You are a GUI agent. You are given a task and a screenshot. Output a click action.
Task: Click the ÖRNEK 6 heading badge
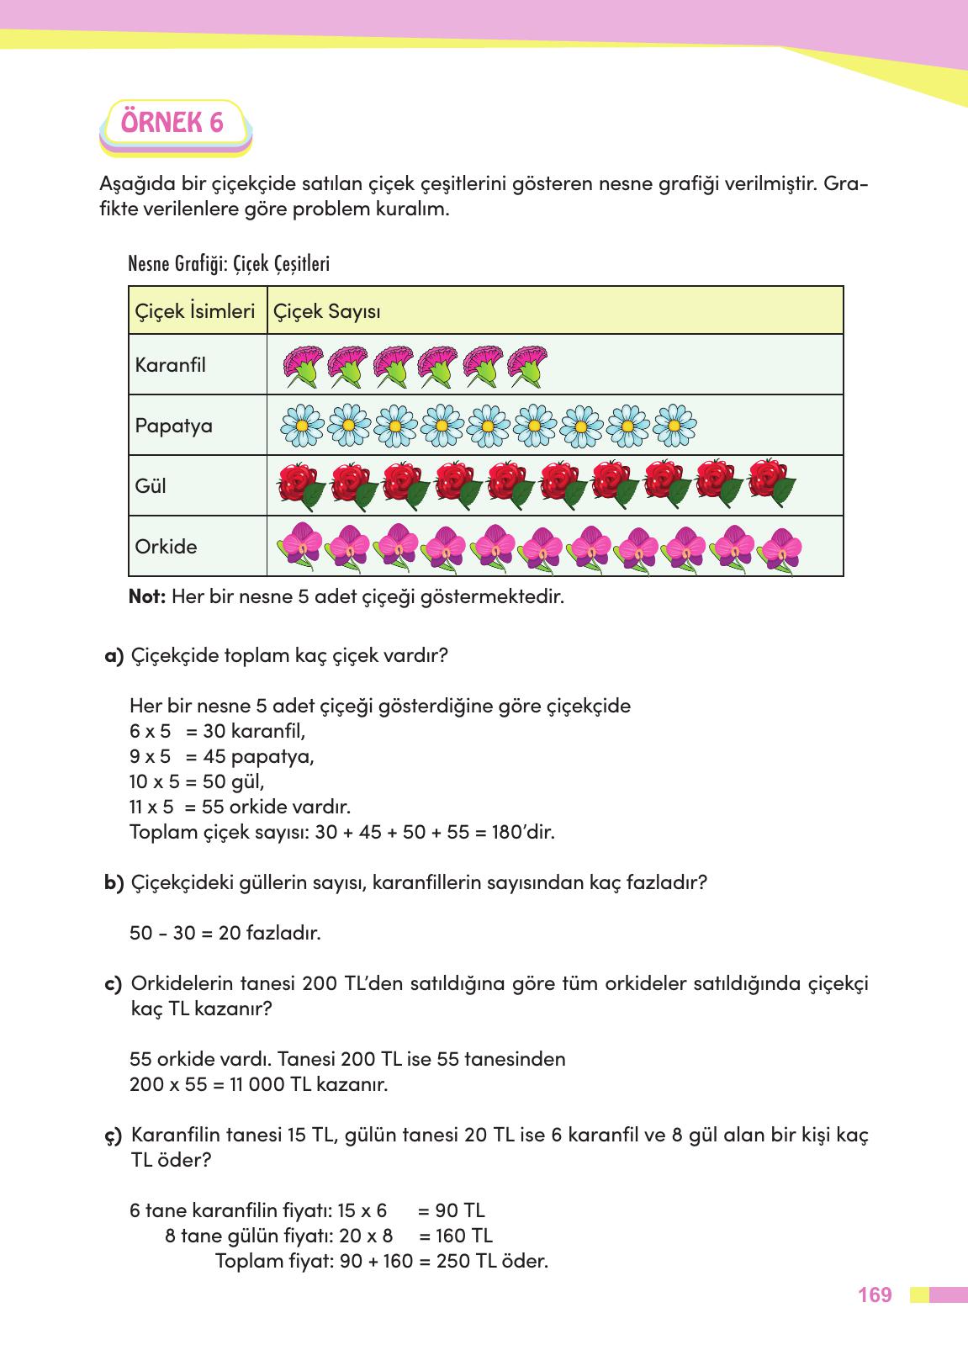(173, 124)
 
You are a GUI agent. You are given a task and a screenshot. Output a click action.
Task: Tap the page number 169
(875, 1295)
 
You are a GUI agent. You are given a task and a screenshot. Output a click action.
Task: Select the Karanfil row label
(170, 365)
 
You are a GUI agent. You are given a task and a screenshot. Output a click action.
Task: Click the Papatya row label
(173, 426)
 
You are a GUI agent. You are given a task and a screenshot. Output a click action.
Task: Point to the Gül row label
(151, 486)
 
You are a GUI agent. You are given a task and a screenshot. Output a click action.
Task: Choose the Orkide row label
(166, 547)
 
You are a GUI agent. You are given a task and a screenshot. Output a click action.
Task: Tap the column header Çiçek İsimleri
(195, 311)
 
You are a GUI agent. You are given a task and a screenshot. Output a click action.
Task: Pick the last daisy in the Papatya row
(674, 426)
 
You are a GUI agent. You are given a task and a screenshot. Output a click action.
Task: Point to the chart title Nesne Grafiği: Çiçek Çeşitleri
(229, 264)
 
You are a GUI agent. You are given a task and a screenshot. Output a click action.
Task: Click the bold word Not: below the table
(148, 597)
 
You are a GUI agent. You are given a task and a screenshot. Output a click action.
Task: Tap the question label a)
(114, 655)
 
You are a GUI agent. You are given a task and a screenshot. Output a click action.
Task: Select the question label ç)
(114, 1136)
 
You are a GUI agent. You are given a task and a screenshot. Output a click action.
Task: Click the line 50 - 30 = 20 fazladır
(225, 933)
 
